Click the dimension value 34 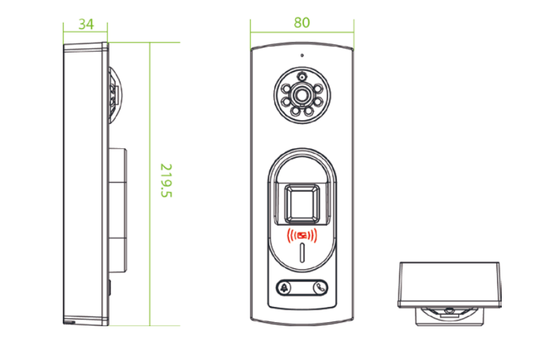[86, 24]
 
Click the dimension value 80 [302, 23]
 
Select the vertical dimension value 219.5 [166, 181]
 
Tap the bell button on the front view [284, 288]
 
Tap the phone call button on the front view [321, 288]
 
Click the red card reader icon [302, 236]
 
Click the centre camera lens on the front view [302, 95]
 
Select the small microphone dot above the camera [302, 55]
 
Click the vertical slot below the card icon [302, 252]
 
